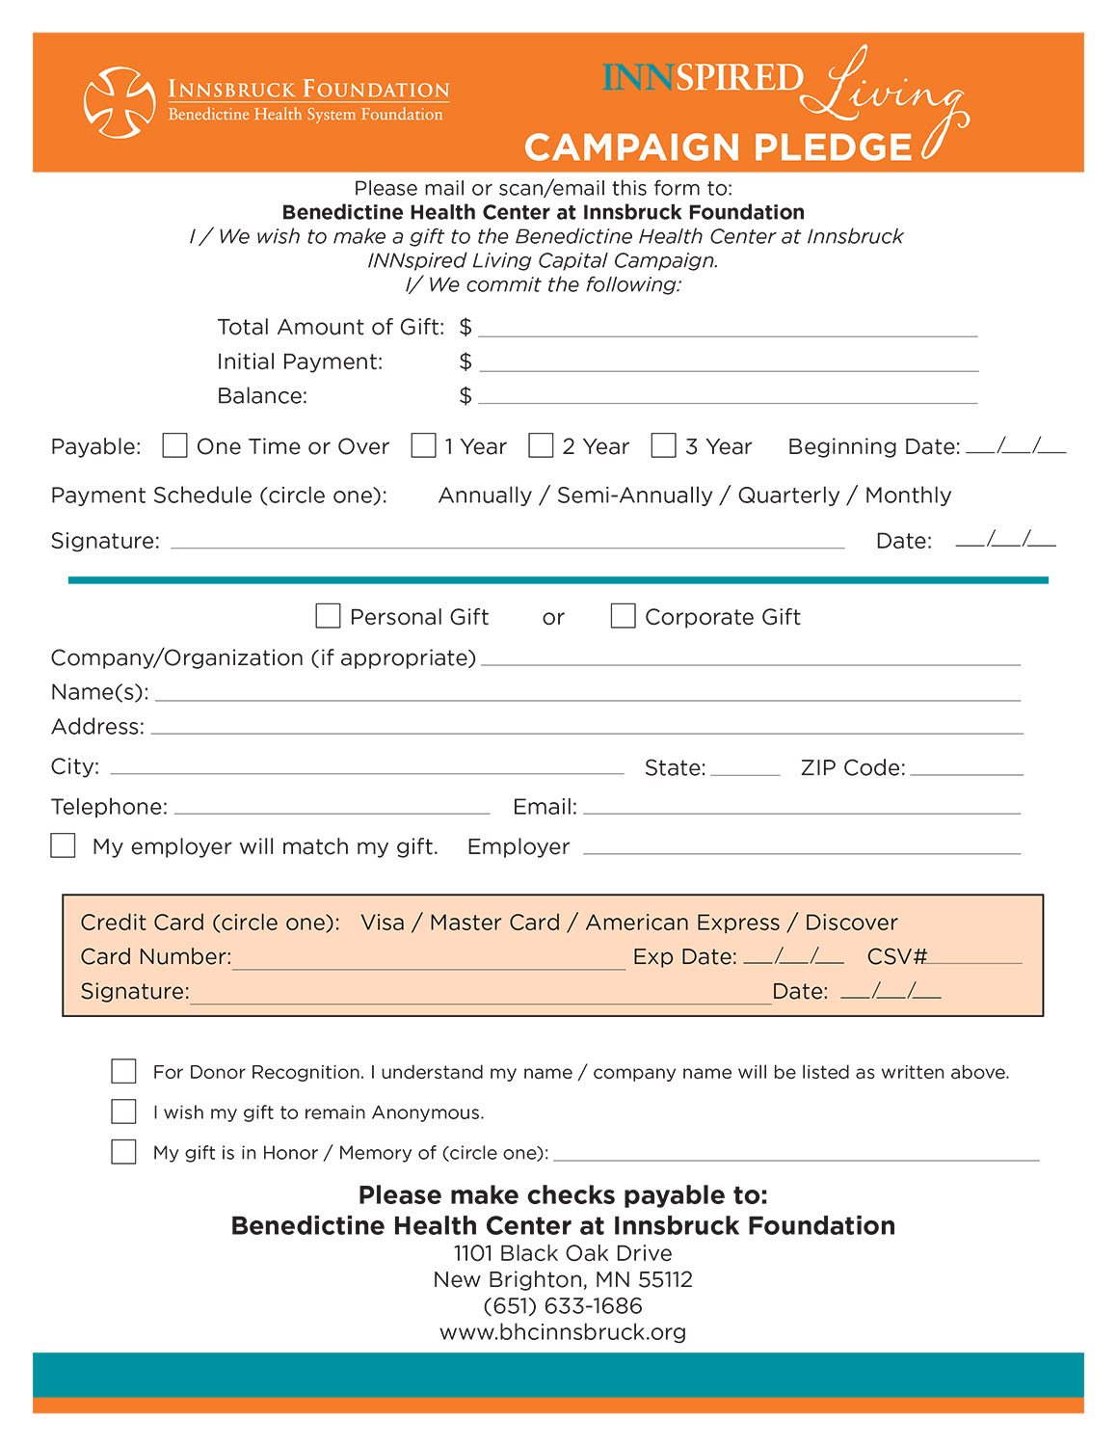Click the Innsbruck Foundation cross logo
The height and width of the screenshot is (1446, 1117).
pos(120,101)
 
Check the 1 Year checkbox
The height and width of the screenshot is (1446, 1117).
pos(423,445)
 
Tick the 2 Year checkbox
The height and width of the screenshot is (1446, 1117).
pos(541,445)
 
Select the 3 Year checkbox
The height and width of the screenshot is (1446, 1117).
pos(663,445)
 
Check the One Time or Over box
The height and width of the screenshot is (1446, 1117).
pos(174,445)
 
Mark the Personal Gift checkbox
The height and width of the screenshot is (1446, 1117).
pos(328,616)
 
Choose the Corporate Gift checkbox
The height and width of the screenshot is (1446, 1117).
pos(623,616)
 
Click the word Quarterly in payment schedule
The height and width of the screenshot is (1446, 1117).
pos(788,495)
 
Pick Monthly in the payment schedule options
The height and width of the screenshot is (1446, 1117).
pos(908,495)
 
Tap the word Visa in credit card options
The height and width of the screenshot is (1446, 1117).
pos(383,923)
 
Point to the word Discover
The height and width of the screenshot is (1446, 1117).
pos(851,923)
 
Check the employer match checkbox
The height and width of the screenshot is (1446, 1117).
pos(63,845)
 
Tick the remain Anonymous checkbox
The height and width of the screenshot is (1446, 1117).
pos(123,1111)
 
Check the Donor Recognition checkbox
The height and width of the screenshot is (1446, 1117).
pos(123,1071)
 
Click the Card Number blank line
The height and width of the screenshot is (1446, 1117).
pos(429,960)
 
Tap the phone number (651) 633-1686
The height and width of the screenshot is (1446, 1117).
pos(563,1306)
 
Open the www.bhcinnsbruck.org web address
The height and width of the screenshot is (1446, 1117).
pos(563,1332)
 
